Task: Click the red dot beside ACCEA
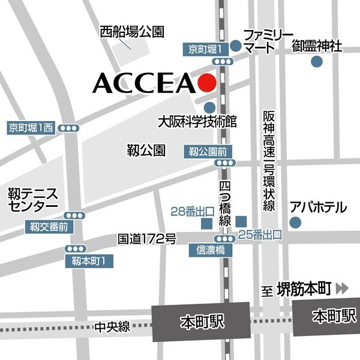point(206,83)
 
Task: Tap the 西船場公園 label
point(132,32)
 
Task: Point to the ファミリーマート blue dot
point(236,46)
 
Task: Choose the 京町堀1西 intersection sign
point(31,127)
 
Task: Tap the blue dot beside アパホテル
point(294,223)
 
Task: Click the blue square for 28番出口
point(206,223)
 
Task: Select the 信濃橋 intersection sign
point(206,250)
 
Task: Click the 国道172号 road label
point(146,239)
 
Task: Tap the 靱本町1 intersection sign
point(89,260)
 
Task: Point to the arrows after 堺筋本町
point(342,289)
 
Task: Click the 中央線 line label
point(112,327)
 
